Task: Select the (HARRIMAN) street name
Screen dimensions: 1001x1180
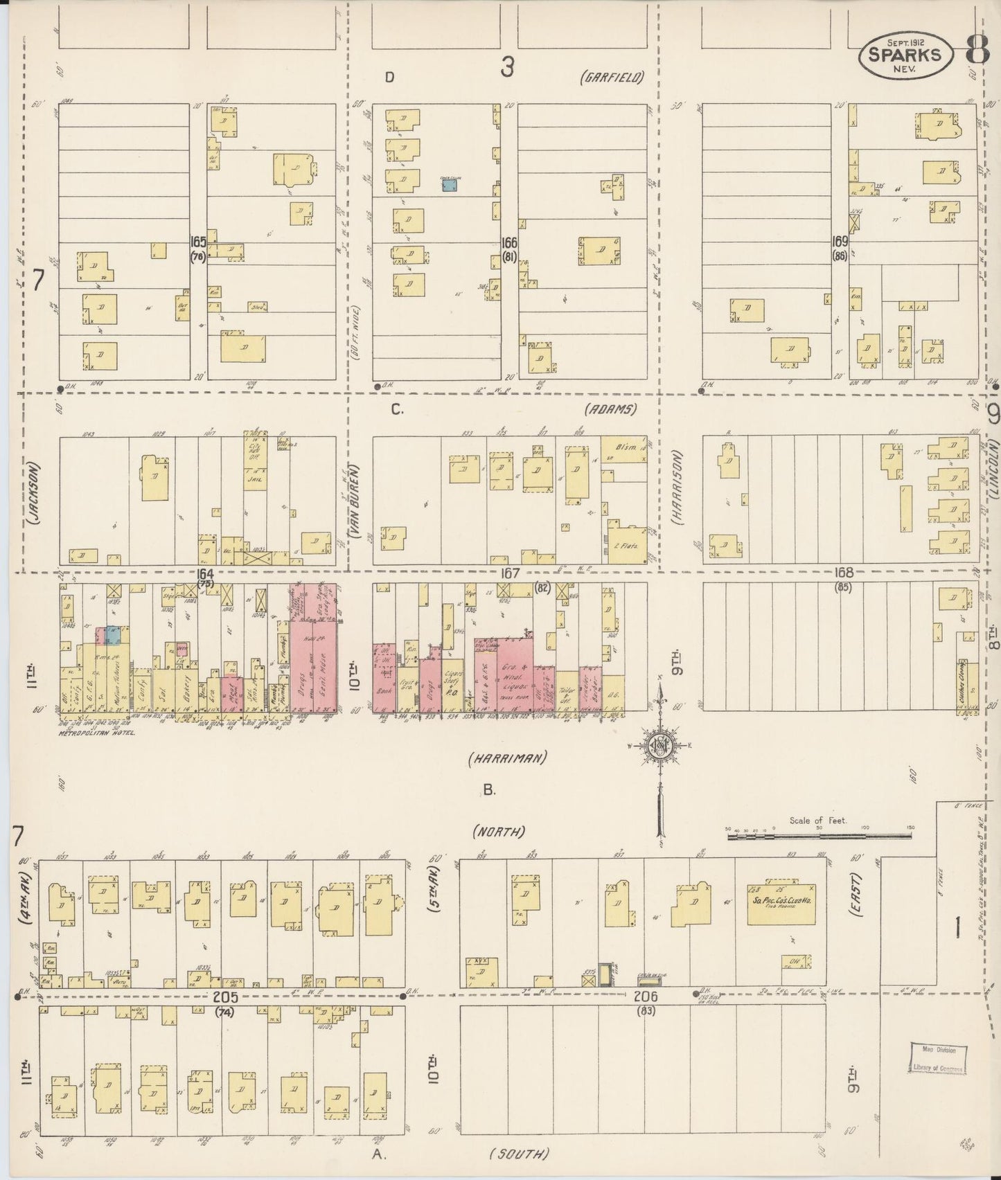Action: coord(507,758)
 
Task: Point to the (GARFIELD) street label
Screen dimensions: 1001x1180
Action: coord(612,77)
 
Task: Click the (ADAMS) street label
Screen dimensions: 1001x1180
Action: coord(610,409)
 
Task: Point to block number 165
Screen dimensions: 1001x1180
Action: coord(198,242)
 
